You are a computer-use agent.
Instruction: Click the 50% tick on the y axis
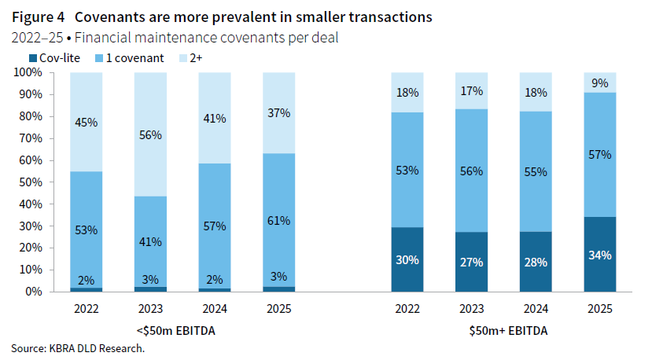31,182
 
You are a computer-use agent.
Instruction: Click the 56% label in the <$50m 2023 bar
150,135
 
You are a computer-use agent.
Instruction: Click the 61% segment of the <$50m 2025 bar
278,221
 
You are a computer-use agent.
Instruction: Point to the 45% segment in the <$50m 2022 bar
86,122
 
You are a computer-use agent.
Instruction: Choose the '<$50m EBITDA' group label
182,331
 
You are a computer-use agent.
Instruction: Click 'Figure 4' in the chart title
37,17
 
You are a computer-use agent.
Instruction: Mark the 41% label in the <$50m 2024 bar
215,119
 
